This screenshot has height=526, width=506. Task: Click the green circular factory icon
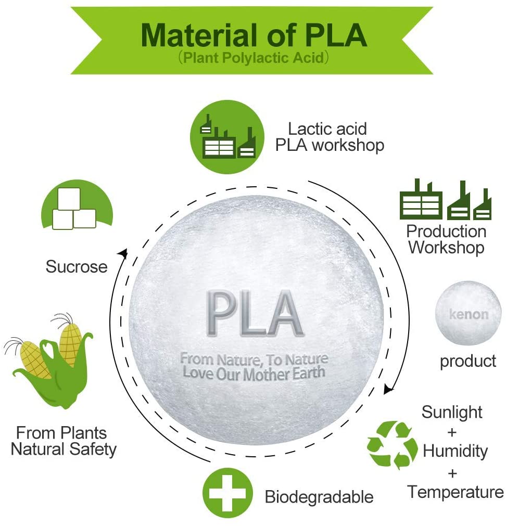[227, 137]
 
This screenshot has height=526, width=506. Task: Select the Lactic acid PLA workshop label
[330, 137]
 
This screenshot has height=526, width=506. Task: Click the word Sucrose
[77, 267]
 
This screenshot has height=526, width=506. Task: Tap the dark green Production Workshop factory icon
[446, 199]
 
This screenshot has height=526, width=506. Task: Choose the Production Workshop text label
[446, 240]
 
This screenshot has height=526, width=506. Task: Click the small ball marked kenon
[468, 313]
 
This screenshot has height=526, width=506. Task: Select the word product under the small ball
[468, 362]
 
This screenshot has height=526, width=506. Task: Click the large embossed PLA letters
[255, 313]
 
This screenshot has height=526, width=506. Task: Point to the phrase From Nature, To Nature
[254, 360]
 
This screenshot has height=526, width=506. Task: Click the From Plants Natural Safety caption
[64, 441]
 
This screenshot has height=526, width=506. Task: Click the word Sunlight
[452, 412]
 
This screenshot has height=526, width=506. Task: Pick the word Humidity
[456, 451]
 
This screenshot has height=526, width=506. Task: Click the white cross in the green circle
[227, 493]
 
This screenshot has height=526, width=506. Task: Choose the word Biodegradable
[319, 497]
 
